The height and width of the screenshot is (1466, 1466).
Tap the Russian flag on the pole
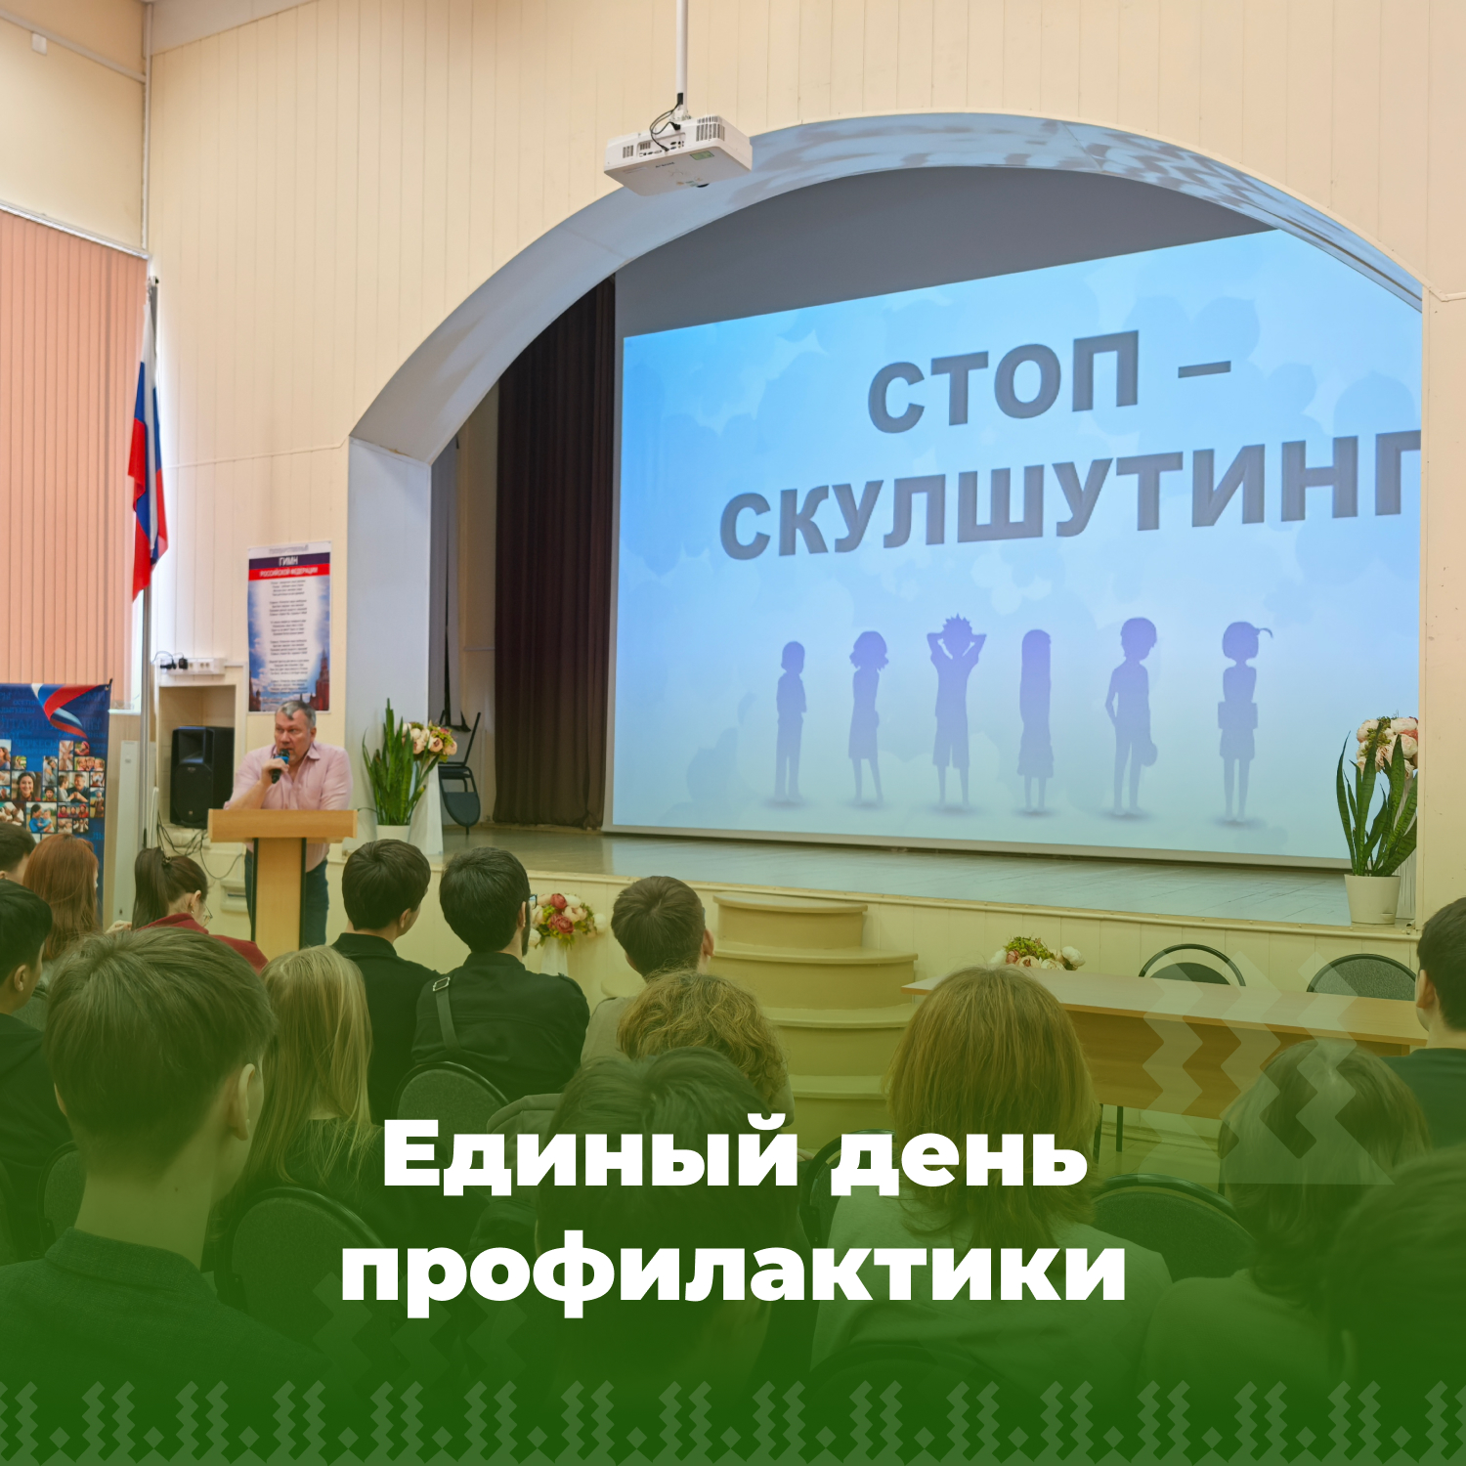click(x=147, y=459)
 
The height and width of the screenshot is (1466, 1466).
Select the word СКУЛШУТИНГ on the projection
click(x=1070, y=498)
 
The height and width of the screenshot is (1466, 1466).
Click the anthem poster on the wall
click(x=288, y=626)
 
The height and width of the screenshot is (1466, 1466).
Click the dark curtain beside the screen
click(x=553, y=567)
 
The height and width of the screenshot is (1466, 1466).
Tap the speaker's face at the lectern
click(x=295, y=727)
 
